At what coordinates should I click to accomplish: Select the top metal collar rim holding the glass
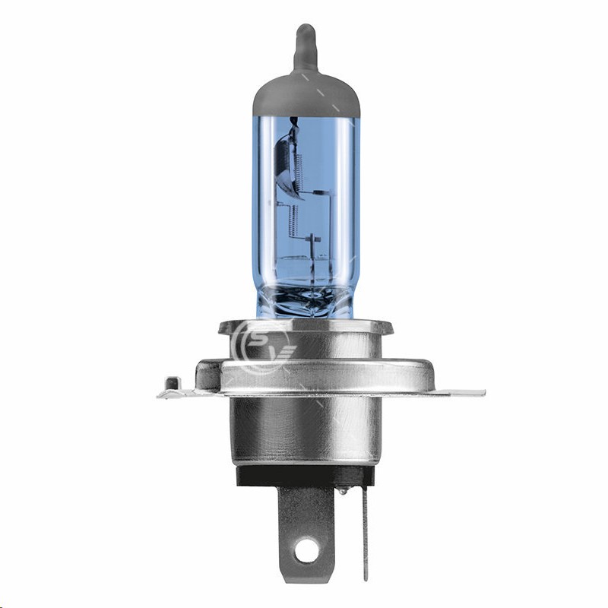tap(304, 328)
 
